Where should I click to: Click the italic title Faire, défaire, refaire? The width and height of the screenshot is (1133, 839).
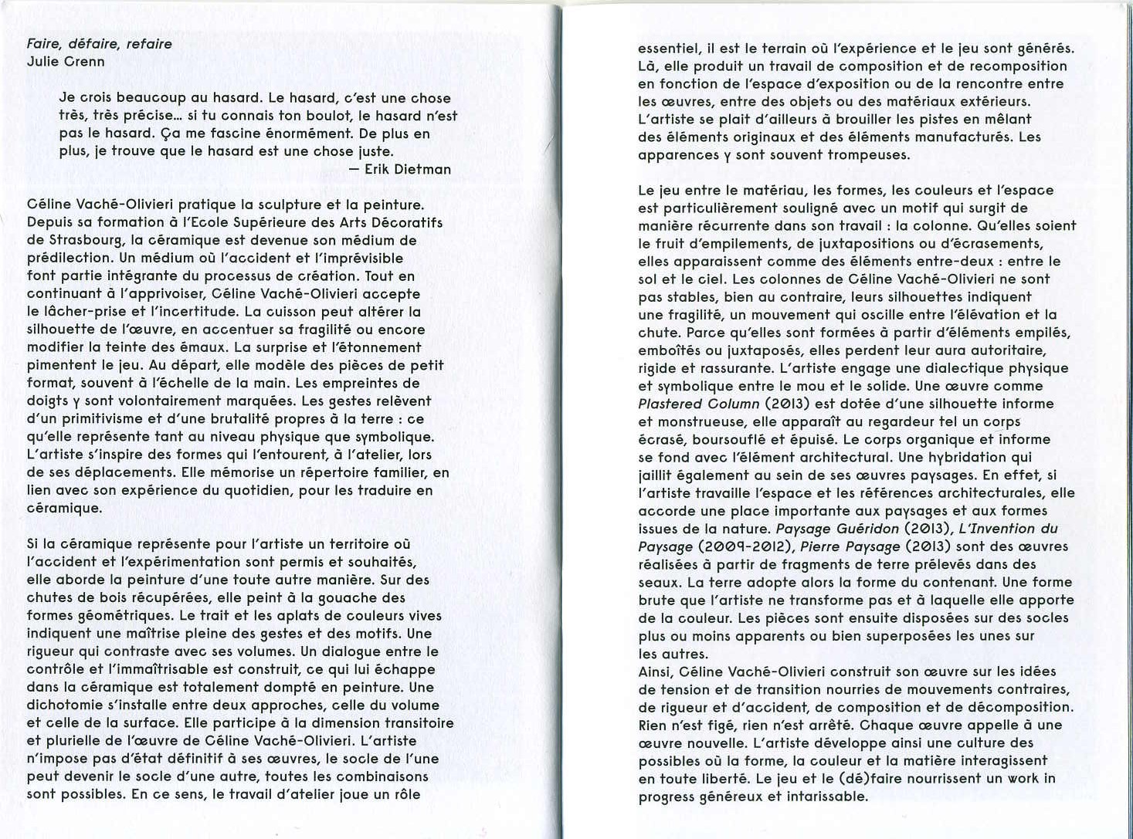tap(100, 44)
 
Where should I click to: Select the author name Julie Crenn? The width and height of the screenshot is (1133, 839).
tap(66, 62)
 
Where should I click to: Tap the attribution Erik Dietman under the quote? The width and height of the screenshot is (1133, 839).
tap(408, 169)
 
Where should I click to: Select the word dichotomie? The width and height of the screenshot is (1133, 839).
tap(68, 705)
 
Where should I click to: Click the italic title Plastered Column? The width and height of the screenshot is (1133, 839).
tap(699, 404)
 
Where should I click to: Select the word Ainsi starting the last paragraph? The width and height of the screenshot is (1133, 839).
tap(655, 672)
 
